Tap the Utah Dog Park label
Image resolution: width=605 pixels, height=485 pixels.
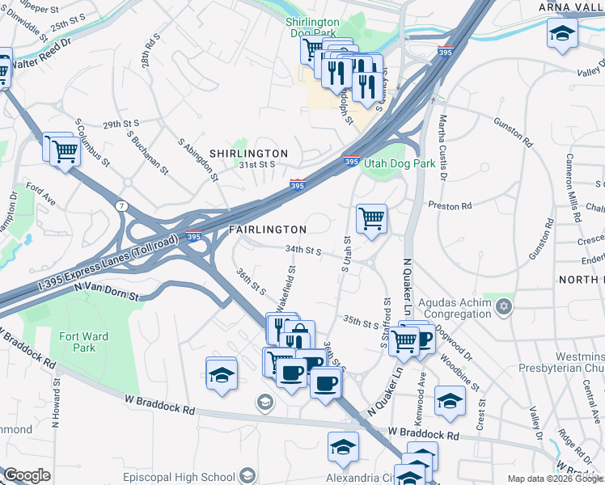(x=400, y=163)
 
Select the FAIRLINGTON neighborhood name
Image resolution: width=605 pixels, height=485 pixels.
(x=268, y=230)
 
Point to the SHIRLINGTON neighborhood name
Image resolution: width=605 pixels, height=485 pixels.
(x=248, y=153)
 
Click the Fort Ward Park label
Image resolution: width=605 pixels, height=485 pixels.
(x=78, y=342)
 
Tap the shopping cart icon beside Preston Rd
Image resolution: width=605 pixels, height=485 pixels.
(x=371, y=217)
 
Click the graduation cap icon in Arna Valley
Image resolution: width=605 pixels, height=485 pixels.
(x=561, y=35)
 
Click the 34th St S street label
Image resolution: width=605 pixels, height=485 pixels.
(x=303, y=251)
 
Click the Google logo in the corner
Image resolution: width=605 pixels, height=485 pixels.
(x=27, y=474)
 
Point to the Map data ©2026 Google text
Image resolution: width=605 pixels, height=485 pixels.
(x=554, y=479)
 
